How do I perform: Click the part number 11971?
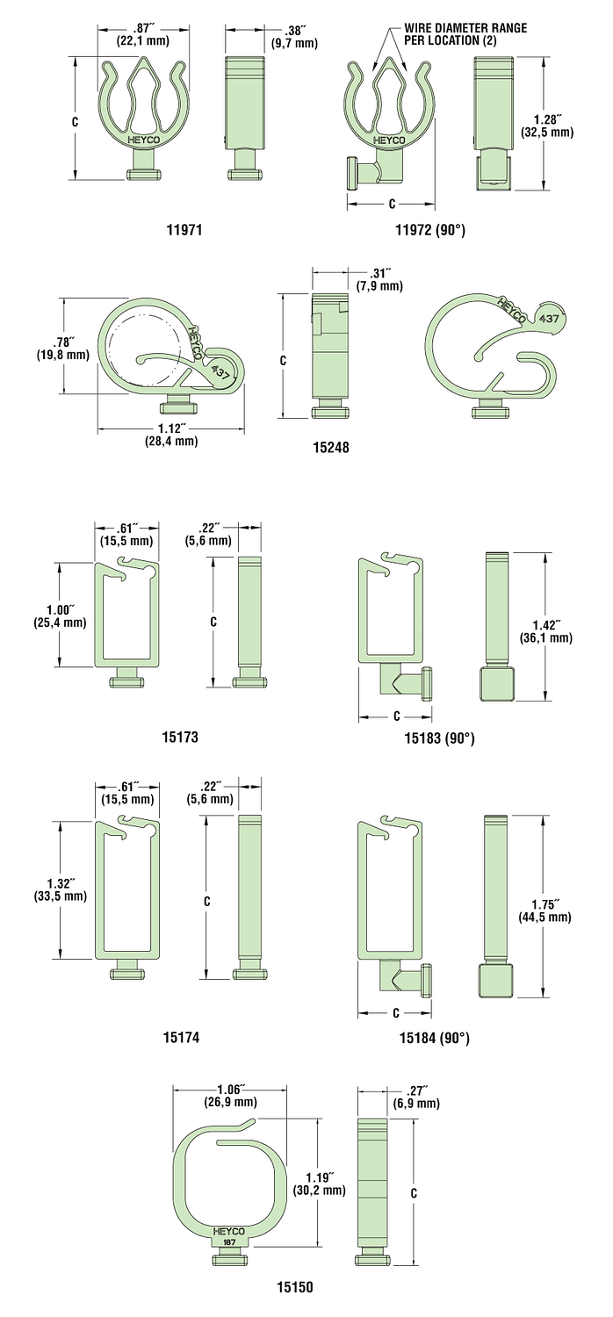pos(184,229)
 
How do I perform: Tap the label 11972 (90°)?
pos(430,229)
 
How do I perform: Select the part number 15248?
pos(330,448)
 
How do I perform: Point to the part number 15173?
pos(180,737)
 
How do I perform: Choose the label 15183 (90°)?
pos(439,738)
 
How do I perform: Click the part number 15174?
pos(181,1038)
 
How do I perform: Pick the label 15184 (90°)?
pos(435,1039)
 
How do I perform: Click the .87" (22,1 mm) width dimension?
pos(143,35)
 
